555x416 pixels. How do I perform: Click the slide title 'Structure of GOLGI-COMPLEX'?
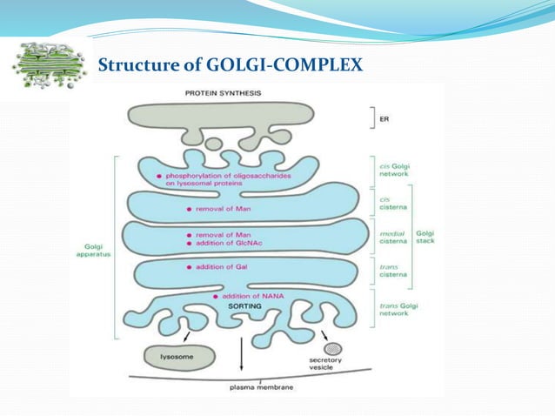pos(230,65)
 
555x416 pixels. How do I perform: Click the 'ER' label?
pos(384,120)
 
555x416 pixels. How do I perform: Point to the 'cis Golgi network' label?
pos(396,169)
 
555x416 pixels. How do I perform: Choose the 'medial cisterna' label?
pos(396,238)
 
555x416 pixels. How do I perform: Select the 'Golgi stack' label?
pos(426,238)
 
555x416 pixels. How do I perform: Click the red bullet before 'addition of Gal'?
pos(190,268)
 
